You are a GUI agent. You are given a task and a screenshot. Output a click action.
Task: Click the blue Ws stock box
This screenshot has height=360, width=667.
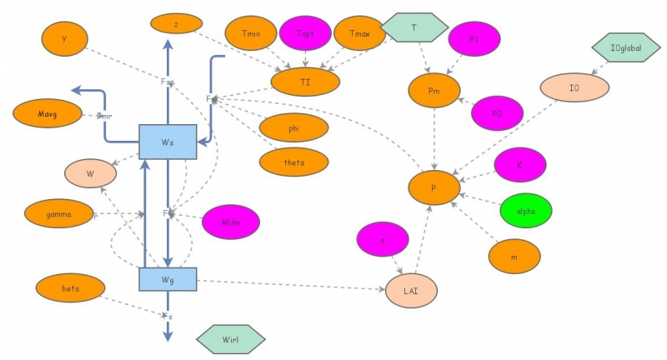pyautogui.click(x=168, y=142)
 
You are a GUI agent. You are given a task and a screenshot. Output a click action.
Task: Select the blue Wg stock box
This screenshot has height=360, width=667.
pyautogui.click(x=168, y=279)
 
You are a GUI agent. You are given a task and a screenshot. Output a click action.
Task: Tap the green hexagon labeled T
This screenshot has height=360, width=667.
pyautogui.click(x=414, y=27)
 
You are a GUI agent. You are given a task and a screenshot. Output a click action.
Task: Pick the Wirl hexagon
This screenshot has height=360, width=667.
pyautogui.click(x=231, y=339)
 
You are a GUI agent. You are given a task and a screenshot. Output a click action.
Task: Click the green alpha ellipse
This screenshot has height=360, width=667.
pyautogui.click(x=526, y=210)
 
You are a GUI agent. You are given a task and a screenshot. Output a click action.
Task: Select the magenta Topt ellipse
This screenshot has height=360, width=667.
pyautogui.click(x=305, y=32)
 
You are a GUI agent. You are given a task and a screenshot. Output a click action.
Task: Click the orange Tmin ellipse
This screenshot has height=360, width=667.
pyautogui.click(x=251, y=32)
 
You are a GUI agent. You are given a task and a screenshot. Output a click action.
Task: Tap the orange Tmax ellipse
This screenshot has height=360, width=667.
pyautogui.click(x=359, y=32)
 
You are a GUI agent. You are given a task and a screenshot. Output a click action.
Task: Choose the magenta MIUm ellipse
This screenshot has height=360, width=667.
pyautogui.click(x=231, y=221)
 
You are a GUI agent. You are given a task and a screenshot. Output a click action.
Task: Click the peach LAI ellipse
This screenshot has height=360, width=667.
pyautogui.click(x=411, y=289)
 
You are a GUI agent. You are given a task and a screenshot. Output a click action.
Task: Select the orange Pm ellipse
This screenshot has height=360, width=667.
pyautogui.click(x=434, y=89)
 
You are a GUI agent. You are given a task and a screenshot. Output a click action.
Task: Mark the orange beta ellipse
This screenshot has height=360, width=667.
pyautogui.click(x=71, y=287)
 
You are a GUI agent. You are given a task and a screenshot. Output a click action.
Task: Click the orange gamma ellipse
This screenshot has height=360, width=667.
pyautogui.click(x=59, y=213)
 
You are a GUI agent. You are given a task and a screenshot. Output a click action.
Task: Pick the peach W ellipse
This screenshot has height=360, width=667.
pyautogui.click(x=91, y=174)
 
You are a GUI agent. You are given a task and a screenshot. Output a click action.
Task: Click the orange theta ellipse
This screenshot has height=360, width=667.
pyautogui.click(x=293, y=162)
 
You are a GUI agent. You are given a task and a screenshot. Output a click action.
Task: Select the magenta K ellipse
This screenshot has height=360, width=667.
pyautogui.click(x=520, y=165)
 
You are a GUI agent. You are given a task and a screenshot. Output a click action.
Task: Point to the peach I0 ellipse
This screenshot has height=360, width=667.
pyautogui.click(x=574, y=87)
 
